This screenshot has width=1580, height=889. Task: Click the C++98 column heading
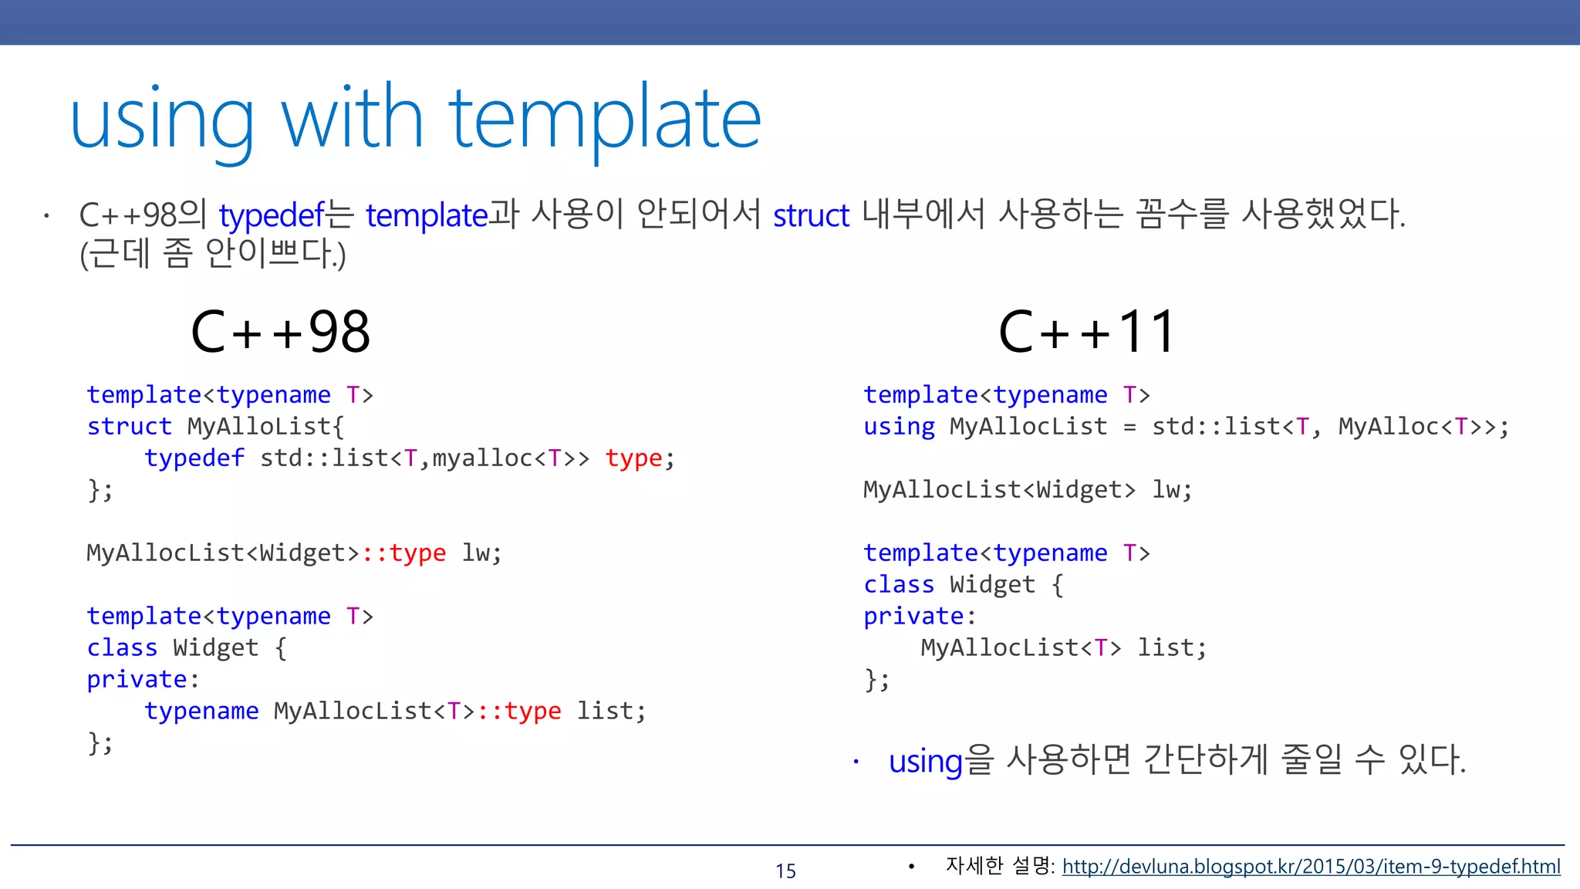click(281, 332)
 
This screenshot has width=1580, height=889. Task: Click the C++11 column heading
click(1086, 332)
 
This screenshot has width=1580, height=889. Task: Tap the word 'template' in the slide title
click(605, 120)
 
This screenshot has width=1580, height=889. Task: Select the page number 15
click(785, 870)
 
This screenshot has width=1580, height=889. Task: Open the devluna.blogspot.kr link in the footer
click(1311, 867)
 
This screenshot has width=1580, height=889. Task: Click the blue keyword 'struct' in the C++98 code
click(129, 427)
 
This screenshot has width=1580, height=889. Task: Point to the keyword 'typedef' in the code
click(194, 458)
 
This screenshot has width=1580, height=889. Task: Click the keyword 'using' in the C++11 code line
click(899, 427)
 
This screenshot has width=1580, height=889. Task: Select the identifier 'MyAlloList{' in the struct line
click(266, 427)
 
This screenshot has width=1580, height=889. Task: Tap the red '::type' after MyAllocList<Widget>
click(404, 553)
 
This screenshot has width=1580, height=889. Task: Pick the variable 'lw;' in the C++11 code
click(1172, 490)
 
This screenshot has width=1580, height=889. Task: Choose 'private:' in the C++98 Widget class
click(143, 680)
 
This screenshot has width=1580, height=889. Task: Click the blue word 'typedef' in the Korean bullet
click(272, 215)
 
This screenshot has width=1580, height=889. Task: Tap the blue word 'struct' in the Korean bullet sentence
click(811, 215)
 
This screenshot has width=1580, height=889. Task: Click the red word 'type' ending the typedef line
click(633, 458)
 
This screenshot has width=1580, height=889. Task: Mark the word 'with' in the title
click(353, 120)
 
